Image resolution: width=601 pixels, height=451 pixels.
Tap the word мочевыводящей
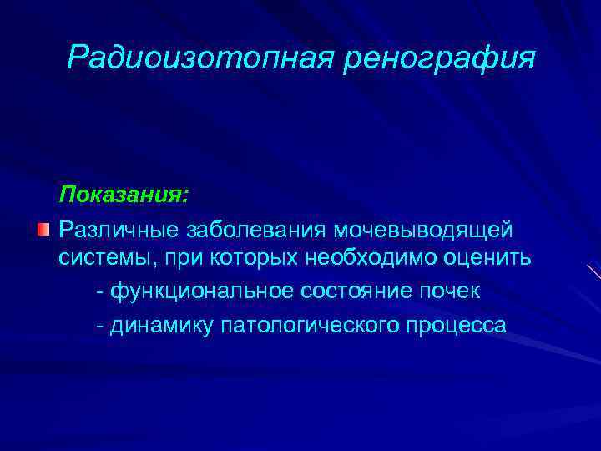coord(423,229)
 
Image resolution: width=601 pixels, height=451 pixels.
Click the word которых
coord(256,259)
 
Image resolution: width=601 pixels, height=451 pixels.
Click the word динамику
coord(159,323)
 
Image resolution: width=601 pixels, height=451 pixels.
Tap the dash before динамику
coord(100,323)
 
